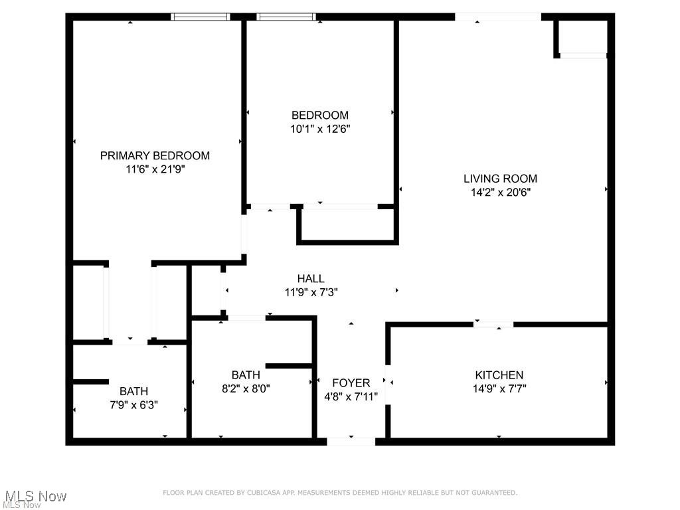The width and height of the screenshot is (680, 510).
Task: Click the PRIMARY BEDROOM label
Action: (155, 155)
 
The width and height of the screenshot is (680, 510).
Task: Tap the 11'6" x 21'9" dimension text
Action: (155, 169)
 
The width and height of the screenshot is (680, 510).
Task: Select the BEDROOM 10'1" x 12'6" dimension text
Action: (319, 129)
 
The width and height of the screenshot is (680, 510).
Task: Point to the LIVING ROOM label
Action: (500, 178)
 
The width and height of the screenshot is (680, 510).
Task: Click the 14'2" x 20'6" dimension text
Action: (500, 193)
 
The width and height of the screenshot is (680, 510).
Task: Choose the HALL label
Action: (311, 279)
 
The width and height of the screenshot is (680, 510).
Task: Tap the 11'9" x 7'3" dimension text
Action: (311, 292)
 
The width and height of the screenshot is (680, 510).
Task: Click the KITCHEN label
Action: (499, 375)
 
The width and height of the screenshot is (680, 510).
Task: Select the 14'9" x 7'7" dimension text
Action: (499, 389)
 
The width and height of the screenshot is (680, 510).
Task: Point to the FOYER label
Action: (351, 382)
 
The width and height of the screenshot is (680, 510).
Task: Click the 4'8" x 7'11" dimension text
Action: (351, 396)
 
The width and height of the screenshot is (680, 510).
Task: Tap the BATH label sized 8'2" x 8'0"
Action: (246, 375)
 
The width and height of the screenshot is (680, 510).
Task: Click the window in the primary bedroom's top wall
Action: (201, 17)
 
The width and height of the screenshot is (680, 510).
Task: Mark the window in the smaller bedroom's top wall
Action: (286, 17)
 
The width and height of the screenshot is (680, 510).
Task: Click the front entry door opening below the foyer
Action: (351, 441)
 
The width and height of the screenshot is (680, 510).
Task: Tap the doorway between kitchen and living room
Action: (493, 325)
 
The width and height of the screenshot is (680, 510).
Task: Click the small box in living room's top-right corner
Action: (582, 37)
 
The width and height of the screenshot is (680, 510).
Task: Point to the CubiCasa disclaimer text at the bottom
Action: (340, 493)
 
